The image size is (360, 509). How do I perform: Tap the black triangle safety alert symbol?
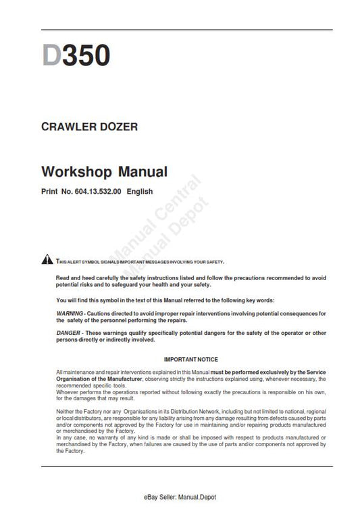coord(47,261)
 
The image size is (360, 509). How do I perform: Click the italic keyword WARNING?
coord(70,314)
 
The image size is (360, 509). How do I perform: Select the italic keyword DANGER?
coord(69,334)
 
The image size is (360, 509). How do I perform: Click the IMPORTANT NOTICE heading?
coord(191,360)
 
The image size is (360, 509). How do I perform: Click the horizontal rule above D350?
coord(187,30)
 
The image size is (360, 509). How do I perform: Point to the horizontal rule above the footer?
coord(187,466)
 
